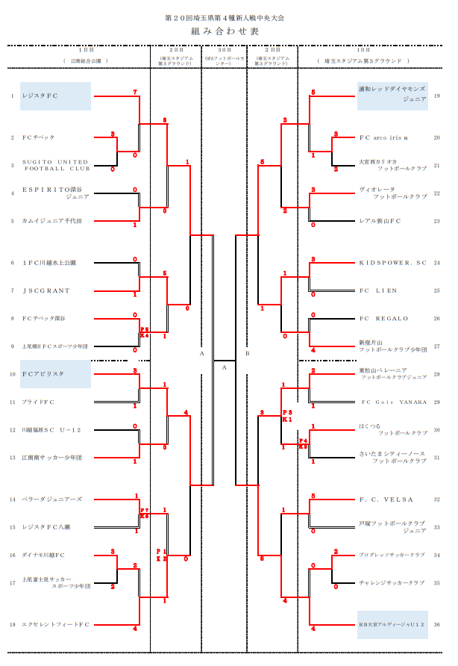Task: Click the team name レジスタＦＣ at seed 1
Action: pyautogui.click(x=41, y=96)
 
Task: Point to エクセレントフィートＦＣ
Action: pyautogui.click(x=56, y=624)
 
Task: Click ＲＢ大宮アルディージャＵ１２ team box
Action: pyautogui.click(x=392, y=624)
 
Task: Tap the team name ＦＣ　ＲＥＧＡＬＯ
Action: pyautogui.click(x=384, y=319)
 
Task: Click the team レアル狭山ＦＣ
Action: pyautogui.click(x=380, y=221)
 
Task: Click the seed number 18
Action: pyautogui.click(x=13, y=624)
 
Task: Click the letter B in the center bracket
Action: pyautogui.click(x=247, y=353)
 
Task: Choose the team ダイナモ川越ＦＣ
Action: pyautogui.click(x=44, y=555)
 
